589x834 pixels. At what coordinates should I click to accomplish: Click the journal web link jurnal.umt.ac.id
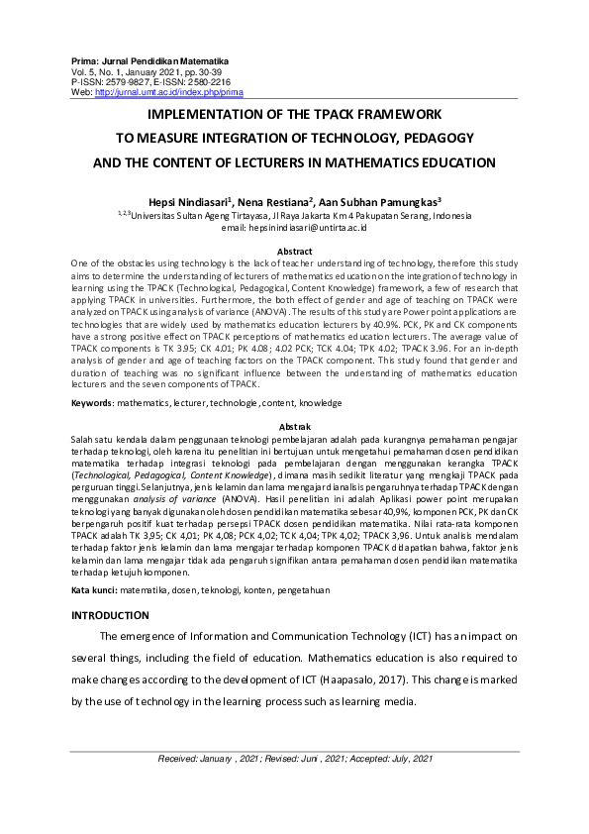coord(168,93)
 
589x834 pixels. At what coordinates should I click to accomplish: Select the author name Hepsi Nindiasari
coord(187,201)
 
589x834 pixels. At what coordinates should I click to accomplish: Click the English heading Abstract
coord(294,252)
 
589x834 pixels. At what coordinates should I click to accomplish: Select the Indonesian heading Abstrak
coord(294,425)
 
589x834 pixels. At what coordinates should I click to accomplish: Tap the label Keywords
coord(92,403)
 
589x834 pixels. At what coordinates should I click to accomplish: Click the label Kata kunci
coord(93,589)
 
